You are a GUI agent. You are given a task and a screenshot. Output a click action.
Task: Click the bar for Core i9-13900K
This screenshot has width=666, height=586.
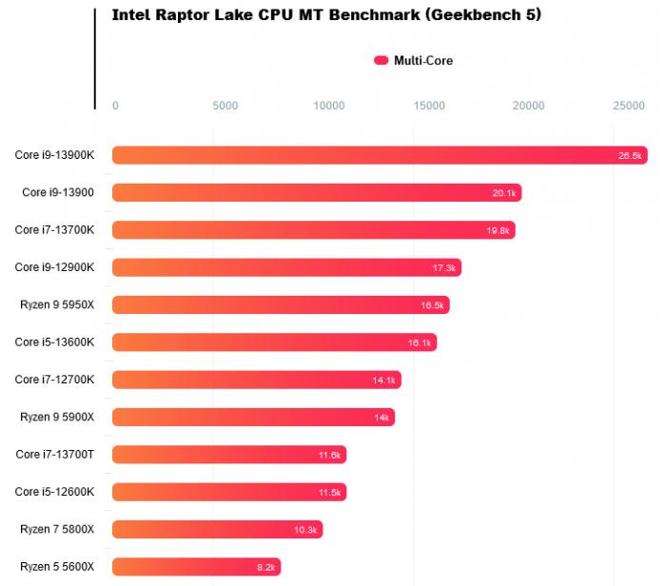pos(379,155)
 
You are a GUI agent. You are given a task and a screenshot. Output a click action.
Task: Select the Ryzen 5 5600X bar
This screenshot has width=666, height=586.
pos(196,567)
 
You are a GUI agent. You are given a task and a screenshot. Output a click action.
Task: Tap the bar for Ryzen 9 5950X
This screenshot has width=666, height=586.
pos(280,304)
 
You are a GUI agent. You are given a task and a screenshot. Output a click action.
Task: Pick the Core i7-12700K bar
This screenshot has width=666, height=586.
pos(256,380)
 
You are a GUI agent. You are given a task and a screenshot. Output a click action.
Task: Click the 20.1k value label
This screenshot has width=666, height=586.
pos(504,193)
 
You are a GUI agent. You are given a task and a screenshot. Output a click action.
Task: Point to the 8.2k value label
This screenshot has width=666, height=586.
pos(265,568)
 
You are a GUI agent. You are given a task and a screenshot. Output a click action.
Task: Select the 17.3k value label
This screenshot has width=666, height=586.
pos(444,268)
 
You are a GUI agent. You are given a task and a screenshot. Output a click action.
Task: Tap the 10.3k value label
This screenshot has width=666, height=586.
pos(307,530)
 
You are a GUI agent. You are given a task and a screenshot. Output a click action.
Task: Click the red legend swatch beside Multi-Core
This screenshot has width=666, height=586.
pos(382,61)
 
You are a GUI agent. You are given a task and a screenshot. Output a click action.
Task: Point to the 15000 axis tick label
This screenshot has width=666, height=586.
pos(430,106)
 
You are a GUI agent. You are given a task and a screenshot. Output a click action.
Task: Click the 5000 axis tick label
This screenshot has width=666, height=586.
pos(225,106)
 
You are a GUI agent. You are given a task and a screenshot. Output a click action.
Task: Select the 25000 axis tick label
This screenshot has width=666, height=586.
pos(628,106)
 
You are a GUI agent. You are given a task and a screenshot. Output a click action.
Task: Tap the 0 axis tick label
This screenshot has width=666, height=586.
pos(115,106)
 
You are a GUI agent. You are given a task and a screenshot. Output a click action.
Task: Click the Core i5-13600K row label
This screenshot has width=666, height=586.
pos(54,342)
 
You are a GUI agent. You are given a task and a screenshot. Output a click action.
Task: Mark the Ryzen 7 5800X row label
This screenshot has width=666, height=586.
pos(57,529)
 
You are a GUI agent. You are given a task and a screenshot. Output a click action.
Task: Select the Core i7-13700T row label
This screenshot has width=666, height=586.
pos(54,455)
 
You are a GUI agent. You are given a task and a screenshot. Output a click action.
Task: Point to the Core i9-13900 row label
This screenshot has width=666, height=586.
pos(58,192)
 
